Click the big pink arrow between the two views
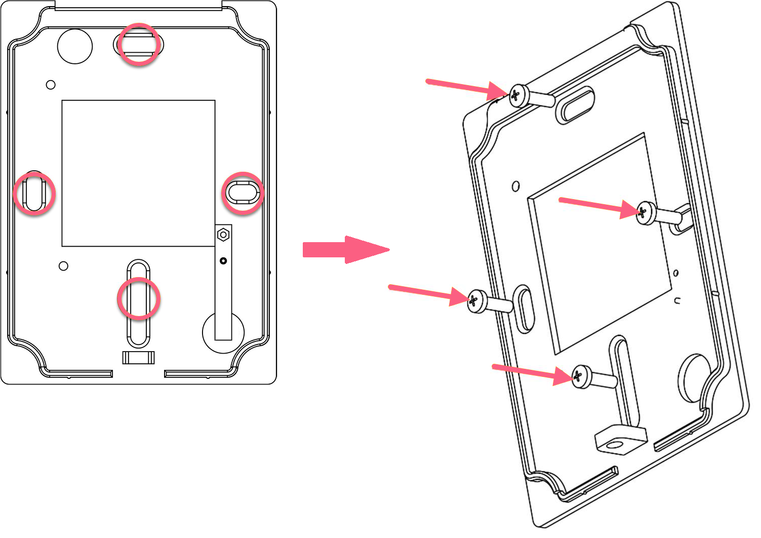344,249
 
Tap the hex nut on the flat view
223,235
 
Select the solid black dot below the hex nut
223,261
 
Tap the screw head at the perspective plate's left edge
476,300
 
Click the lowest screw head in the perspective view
581,376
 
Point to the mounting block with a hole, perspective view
620,439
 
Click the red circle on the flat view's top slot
139,44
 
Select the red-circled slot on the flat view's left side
34,194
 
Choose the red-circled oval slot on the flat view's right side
243,193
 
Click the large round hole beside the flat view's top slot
75,46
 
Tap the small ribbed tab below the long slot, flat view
138,357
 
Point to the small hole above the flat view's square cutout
51,85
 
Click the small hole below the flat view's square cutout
63,266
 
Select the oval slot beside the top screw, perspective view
575,104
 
